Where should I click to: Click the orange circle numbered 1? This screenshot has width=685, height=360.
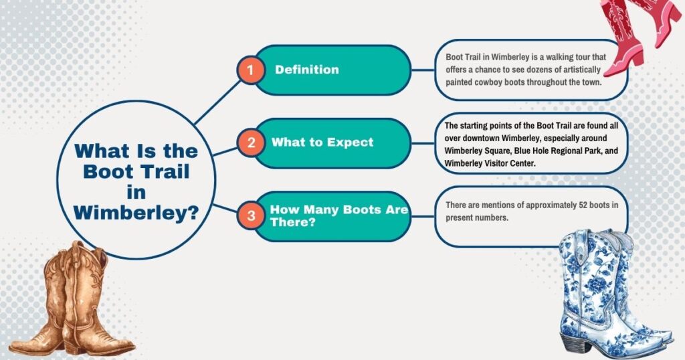[x=250, y=70]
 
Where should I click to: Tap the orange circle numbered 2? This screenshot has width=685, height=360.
[x=251, y=143]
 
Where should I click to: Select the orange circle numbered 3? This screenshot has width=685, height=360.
[x=251, y=216]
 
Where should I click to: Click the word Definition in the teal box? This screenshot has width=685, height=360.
[x=306, y=70]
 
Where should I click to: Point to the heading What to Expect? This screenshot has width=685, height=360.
[x=322, y=143]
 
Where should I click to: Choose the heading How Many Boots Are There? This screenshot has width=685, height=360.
[x=339, y=216]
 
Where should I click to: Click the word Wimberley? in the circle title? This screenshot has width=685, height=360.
[x=136, y=213]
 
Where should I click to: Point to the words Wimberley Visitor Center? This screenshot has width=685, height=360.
[x=489, y=163]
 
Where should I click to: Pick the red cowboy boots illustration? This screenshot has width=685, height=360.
[x=638, y=35]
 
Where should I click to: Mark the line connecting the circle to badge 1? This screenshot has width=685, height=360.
[x=217, y=103]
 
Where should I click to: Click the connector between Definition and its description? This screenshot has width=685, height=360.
[x=423, y=70]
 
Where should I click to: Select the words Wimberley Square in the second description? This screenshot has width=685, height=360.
[x=477, y=151]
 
